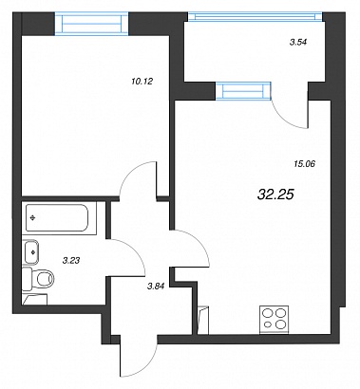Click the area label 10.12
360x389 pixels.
pyautogui.click(x=142, y=82)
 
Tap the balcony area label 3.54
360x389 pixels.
pyautogui.click(x=299, y=42)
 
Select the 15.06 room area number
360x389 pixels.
pyautogui.click(x=304, y=164)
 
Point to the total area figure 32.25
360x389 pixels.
pyautogui.click(x=276, y=194)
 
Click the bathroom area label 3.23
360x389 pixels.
pyautogui.click(x=71, y=261)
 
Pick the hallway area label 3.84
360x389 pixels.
pyautogui.click(x=157, y=287)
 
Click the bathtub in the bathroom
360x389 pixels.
pyautogui.click(x=57, y=218)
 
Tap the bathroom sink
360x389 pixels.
pyautogui.click(x=31, y=252)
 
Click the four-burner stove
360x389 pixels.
pyautogui.click(x=275, y=320)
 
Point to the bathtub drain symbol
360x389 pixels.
pyautogui.click(x=32, y=217)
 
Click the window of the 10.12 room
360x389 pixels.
pyautogui.click(x=91, y=24)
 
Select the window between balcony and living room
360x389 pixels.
pyautogui.click(x=243, y=91)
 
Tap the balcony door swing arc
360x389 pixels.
pyautogui.click(x=284, y=118)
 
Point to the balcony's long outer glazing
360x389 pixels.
pyautogui.click(x=256, y=17)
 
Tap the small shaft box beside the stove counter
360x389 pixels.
pyautogui.click(x=203, y=320)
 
